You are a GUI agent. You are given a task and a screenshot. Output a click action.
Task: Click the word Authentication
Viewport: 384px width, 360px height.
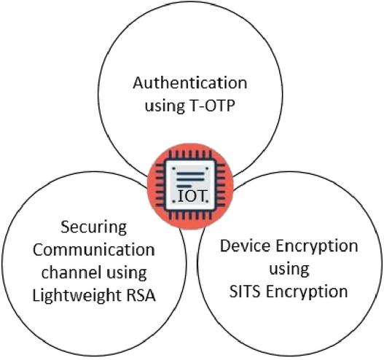point(190,83)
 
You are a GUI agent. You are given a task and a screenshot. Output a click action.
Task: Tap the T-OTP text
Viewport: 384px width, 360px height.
point(212,106)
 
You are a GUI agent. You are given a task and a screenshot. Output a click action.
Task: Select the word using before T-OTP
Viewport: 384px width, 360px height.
point(165,106)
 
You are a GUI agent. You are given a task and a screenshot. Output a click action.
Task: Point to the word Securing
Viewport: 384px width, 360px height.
point(93,228)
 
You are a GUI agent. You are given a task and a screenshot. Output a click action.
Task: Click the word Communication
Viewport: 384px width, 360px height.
point(94,250)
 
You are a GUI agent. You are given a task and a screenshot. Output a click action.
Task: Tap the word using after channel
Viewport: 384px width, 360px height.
point(127,273)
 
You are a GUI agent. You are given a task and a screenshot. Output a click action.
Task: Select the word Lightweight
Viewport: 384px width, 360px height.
point(77,296)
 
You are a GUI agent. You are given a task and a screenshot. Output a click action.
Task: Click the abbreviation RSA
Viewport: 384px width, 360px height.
point(141,295)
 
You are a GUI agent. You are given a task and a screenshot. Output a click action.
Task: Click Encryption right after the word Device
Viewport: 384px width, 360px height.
point(317,247)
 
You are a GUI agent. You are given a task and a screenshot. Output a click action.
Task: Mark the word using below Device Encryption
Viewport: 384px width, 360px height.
point(289,270)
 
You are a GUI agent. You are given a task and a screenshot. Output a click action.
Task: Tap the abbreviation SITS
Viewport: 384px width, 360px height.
point(244,291)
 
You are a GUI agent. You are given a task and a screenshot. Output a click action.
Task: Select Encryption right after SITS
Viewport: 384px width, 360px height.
point(307,293)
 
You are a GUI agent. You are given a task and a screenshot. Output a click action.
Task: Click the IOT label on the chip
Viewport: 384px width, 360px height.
point(191,196)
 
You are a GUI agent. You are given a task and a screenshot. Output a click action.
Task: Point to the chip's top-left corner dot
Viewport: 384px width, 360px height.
point(174,168)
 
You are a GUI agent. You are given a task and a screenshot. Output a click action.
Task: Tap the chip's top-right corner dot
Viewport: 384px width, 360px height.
point(207,168)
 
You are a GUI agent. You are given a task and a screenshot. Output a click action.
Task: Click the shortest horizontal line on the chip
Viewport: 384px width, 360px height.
point(184,187)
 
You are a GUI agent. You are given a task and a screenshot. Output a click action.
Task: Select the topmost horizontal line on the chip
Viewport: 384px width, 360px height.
point(190,173)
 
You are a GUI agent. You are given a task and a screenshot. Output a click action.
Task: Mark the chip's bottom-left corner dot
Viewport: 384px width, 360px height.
point(174,201)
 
